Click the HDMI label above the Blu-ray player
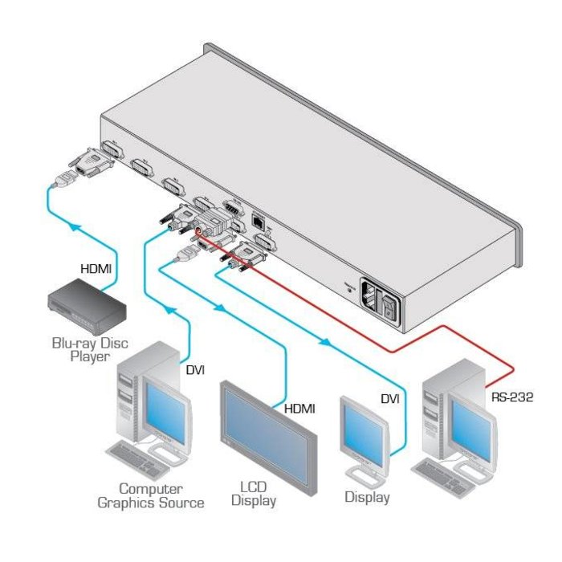coord(97,271)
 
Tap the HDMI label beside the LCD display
coord(299,409)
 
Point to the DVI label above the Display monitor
coord(389,397)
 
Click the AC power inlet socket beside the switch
coord(371,294)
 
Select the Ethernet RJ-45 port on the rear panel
coord(259,218)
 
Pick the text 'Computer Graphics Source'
coord(150,495)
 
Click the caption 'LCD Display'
coord(253,495)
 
